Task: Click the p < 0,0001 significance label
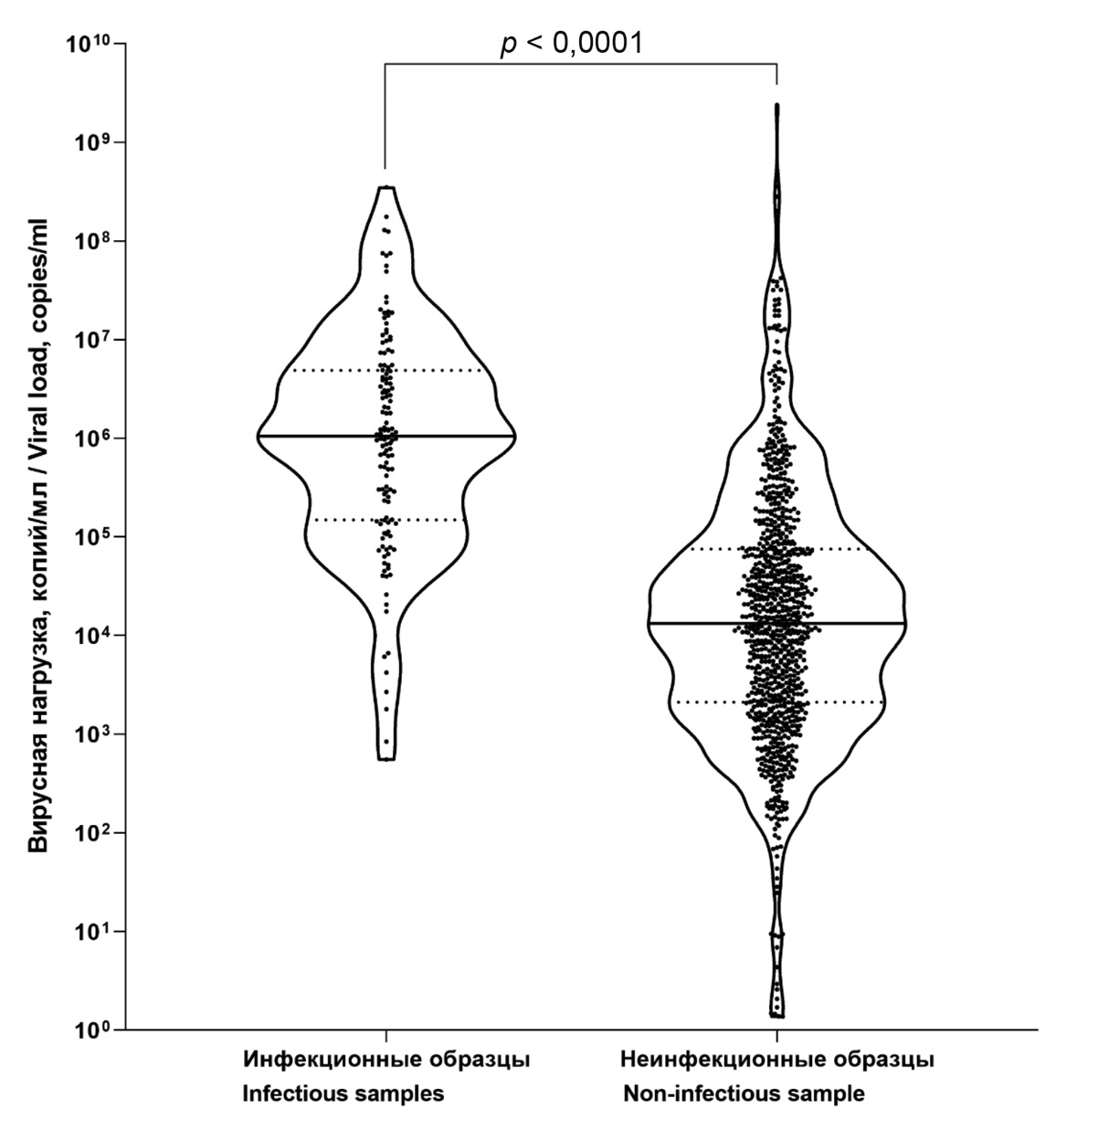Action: pyautogui.click(x=571, y=43)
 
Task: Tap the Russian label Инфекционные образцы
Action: pyautogui.click(x=386, y=1061)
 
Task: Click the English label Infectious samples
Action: pyautogui.click(x=343, y=1093)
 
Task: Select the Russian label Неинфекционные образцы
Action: pyautogui.click(x=776, y=1061)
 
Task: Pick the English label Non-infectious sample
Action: pyautogui.click(x=744, y=1093)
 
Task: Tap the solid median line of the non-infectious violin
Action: pyautogui.click(x=694, y=623)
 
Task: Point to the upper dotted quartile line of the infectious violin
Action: pyautogui.click(x=329, y=370)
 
